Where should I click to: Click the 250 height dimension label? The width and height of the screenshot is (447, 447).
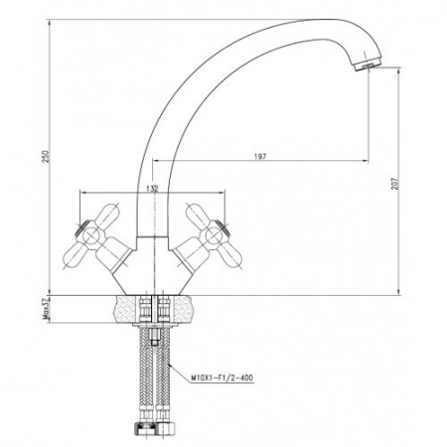tap(47, 156)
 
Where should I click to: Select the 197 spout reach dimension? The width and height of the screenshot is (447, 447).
tap(260, 157)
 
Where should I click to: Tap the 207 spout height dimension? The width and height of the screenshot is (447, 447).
tap(394, 184)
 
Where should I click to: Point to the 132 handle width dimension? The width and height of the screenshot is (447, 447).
tap(152, 189)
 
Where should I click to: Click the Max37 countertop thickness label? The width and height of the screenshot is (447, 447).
tap(46, 308)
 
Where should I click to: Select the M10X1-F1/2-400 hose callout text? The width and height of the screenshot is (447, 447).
tap(222, 377)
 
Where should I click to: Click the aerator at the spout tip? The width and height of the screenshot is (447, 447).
tap(368, 65)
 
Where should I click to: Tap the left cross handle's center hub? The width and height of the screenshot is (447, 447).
tap(90, 235)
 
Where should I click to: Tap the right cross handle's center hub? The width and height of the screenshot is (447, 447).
tap(214, 235)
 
